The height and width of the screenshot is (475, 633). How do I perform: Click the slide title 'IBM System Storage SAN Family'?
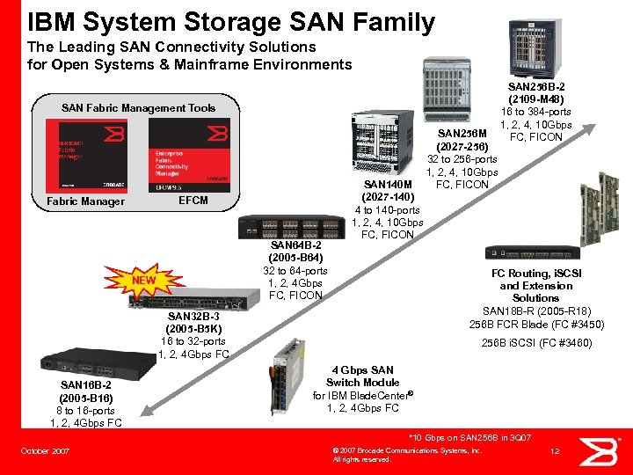231,21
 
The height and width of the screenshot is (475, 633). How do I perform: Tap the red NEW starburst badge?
143,281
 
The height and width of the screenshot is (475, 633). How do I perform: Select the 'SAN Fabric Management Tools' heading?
138,108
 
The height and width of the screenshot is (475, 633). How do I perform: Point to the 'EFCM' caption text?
193,201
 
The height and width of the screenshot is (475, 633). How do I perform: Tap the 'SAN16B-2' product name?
86,385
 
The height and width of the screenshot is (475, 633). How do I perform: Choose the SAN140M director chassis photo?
381,141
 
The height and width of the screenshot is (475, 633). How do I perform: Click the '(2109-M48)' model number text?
536,99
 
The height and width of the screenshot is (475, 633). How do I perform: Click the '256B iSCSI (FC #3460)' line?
536,343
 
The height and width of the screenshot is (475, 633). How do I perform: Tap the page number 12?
554,452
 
